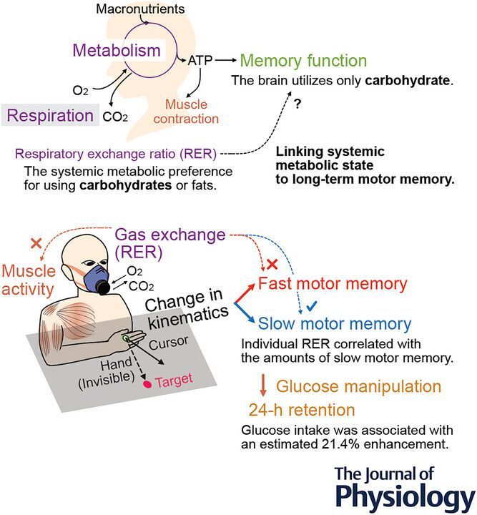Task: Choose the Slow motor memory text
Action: pyautogui.click(x=335, y=324)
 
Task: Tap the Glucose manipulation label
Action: pyautogui.click(x=359, y=387)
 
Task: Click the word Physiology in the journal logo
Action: pyautogui.click(x=404, y=496)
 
